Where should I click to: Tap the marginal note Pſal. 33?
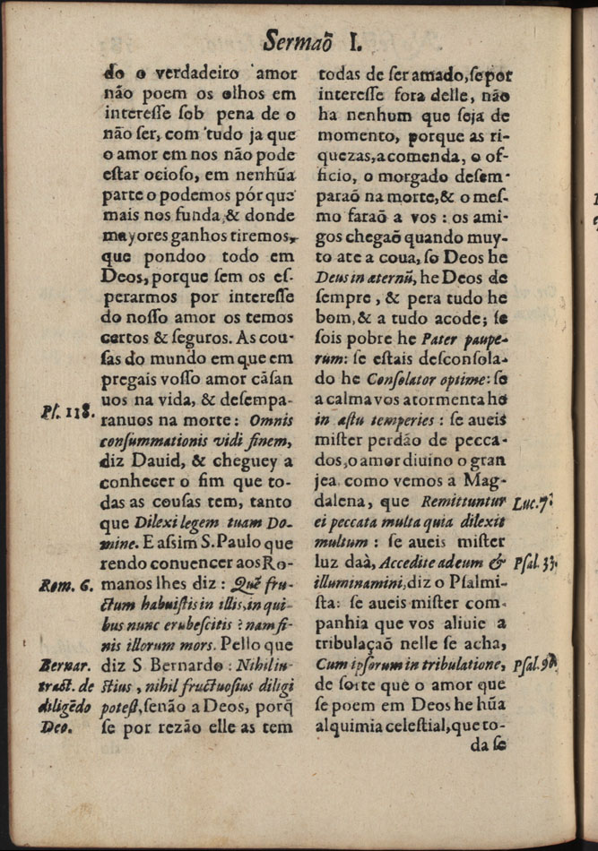[x=536, y=565]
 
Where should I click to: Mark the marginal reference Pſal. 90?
[x=536, y=664]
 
